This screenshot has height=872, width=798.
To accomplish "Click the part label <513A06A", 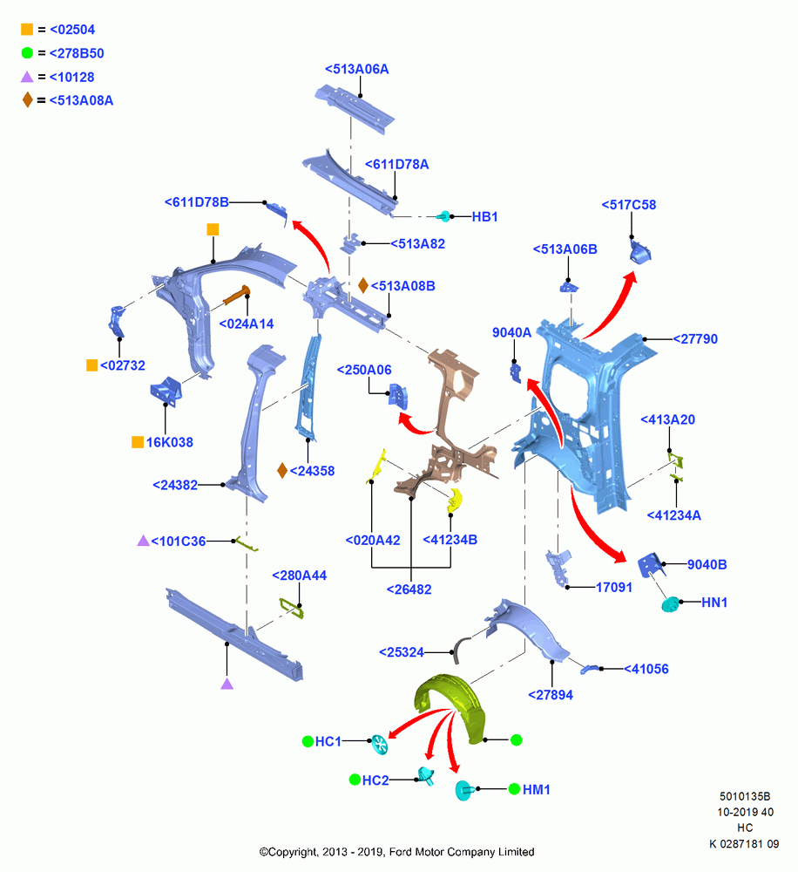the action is coord(357,70).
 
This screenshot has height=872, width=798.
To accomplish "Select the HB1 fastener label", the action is coord(484,217).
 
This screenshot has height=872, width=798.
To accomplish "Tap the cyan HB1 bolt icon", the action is coord(443,216).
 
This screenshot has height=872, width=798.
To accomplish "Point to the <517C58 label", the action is coord(628,205).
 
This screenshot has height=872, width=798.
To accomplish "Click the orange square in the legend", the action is coord(27,29).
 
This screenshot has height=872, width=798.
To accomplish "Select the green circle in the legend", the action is coord(27,53).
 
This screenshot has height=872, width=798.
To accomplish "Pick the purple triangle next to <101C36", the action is coord(144,541).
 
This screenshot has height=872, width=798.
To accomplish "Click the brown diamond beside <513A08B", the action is coord(363,286).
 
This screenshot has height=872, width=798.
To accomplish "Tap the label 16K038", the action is coord(170,443).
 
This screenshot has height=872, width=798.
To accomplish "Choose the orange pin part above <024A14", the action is coord(237,296).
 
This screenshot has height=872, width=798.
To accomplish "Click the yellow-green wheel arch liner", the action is coord(450,706).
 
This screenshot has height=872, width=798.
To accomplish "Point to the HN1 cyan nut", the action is coord(671,604).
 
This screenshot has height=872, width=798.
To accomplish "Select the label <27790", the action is coord(695,339).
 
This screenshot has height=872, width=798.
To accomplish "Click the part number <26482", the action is coord(409,589).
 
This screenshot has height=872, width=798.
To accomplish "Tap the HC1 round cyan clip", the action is coord(380,745).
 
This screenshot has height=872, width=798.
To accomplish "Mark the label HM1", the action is coord(537,790).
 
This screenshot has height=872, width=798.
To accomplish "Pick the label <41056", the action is coord(646,669).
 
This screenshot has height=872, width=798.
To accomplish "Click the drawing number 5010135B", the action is coord(745,796).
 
